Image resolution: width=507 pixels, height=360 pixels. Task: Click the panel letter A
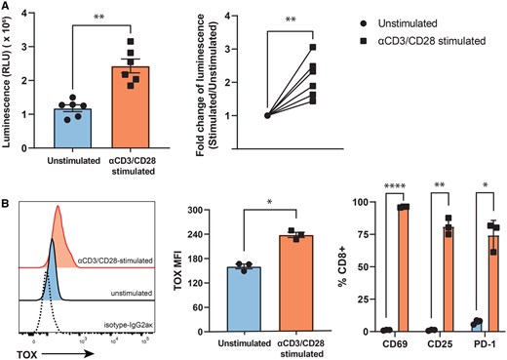point(7,6)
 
